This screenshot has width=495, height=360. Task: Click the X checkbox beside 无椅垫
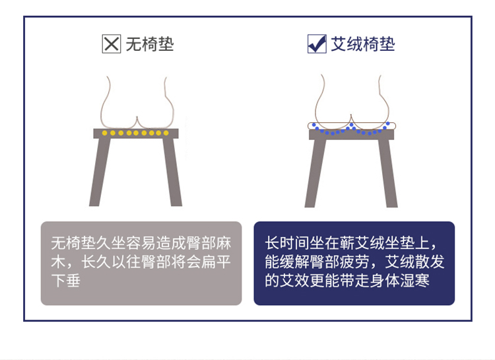[x=112, y=44]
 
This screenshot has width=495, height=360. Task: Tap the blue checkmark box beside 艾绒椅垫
[x=317, y=44]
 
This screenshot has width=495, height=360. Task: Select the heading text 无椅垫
[x=150, y=44]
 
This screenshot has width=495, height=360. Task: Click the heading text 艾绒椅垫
[x=363, y=44]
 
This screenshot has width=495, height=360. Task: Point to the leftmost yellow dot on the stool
[x=104, y=133]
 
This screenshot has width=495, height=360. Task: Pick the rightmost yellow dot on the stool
[x=166, y=133]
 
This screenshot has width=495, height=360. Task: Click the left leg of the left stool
[x=100, y=172]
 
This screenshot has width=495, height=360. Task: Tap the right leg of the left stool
[x=172, y=172]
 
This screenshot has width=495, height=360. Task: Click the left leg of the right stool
[x=315, y=173]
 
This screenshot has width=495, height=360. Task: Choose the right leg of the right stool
[x=388, y=173]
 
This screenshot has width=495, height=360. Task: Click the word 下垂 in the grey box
[x=66, y=280]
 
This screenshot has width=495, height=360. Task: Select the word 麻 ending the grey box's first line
[x=224, y=243]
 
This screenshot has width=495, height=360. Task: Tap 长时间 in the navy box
[x=287, y=243]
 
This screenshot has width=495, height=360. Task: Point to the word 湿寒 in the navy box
[x=415, y=280]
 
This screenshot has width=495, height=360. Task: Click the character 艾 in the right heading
[x=339, y=44]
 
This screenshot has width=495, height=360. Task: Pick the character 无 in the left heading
[x=133, y=44]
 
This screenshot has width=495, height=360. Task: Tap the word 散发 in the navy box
[x=430, y=262]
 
